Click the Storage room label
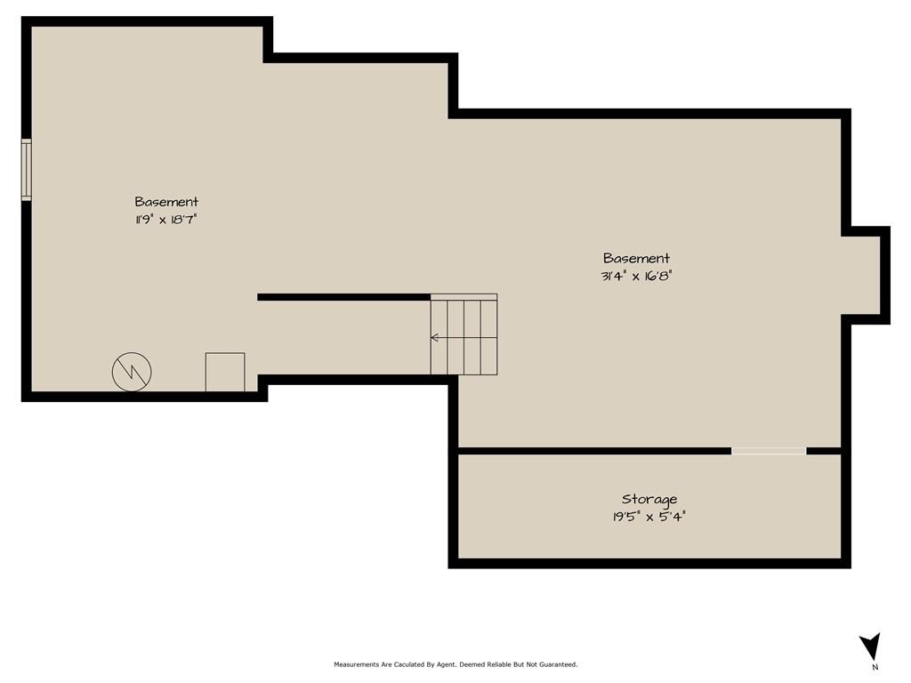(x=649, y=500)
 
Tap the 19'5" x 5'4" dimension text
(x=649, y=517)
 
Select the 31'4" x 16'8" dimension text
(x=636, y=276)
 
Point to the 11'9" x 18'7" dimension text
(x=166, y=220)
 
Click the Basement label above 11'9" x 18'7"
(x=166, y=202)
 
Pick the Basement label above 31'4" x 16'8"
(x=636, y=258)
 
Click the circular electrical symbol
(x=132, y=371)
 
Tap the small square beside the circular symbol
(x=225, y=372)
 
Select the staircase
(x=464, y=334)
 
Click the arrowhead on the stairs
(x=434, y=337)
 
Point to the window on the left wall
(x=26, y=170)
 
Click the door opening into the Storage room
(x=769, y=451)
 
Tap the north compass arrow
(x=871, y=646)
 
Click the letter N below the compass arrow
(x=875, y=667)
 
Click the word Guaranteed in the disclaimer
(x=559, y=664)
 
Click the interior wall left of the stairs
(x=344, y=297)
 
